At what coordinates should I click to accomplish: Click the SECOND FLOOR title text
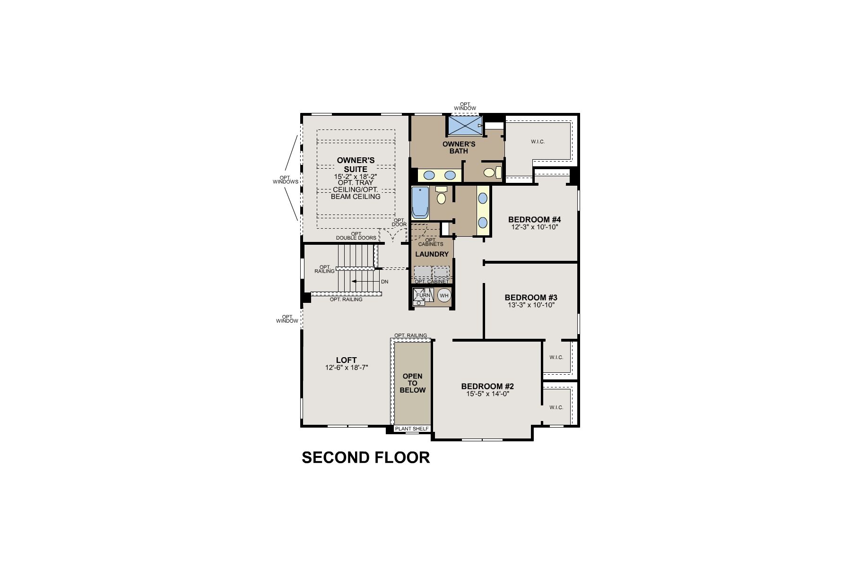coord(365,457)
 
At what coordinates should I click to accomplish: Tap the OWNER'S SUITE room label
coord(356,164)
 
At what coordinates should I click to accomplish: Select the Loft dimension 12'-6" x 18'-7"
coord(347,368)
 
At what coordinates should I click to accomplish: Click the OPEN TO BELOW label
coord(412,383)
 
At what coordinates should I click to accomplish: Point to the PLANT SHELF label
coord(412,429)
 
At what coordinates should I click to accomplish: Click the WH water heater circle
coord(443,296)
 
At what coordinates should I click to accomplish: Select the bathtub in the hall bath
coord(419,202)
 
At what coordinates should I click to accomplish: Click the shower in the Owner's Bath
coord(464,125)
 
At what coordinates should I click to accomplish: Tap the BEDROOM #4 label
coord(534,220)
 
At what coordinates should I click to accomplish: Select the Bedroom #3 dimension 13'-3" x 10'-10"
coord(530,305)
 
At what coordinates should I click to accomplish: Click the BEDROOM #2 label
coord(487,386)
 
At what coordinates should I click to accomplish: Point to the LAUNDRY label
coord(432,254)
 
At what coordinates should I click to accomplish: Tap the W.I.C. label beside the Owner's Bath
coord(538,142)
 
